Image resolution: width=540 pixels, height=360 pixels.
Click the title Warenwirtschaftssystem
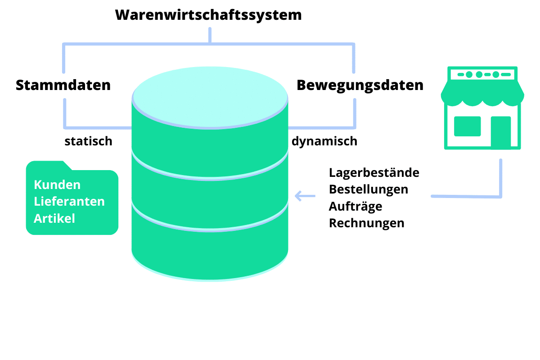click(x=208, y=15)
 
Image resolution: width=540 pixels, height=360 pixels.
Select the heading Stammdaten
click(x=63, y=85)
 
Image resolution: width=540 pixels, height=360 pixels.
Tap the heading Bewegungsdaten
click(x=360, y=85)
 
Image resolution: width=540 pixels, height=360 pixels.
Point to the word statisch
click(x=88, y=141)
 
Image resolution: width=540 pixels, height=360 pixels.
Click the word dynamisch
click(x=324, y=141)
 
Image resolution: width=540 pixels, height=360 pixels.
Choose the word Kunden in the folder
click(x=57, y=185)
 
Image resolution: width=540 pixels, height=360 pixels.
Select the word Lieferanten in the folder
click(x=69, y=202)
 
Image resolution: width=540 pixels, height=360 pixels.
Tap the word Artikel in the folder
click(x=54, y=218)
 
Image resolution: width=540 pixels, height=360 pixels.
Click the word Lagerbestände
click(x=374, y=173)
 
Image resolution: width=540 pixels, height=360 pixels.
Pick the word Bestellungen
click(x=369, y=189)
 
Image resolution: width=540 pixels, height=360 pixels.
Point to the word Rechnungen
click(x=367, y=223)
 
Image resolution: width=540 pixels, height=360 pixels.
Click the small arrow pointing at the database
click(x=305, y=196)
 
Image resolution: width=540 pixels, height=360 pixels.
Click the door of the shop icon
click(x=500, y=131)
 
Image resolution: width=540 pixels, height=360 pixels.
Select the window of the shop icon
click(x=467, y=126)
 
